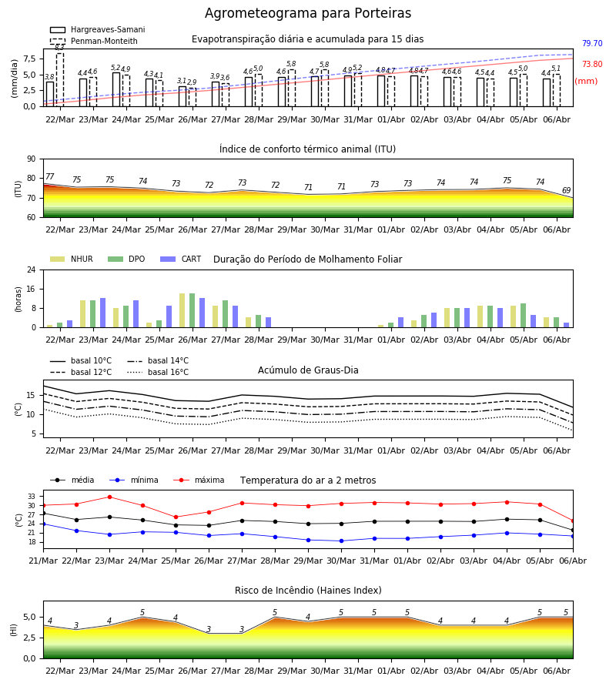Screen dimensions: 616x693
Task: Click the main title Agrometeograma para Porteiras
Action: (x=308, y=13)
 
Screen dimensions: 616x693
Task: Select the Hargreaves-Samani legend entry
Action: (x=97, y=29)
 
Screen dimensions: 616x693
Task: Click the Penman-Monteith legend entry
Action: (x=94, y=41)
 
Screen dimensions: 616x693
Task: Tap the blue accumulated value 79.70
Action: (x=592, y=43)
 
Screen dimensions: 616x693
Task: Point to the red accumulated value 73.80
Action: (x=592, y=64)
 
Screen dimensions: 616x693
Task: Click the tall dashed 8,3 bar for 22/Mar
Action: (x=60, y=79)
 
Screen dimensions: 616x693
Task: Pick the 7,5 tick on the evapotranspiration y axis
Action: (x=29, y=59)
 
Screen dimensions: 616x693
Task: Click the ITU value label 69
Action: (x=566, y=190)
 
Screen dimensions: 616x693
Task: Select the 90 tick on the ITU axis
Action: (x=32, y=159)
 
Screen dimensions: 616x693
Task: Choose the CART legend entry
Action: (x=181, y=259)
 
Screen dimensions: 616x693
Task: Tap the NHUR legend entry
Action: (x=72, y=259)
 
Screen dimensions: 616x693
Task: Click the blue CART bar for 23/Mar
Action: (x=103, y=313)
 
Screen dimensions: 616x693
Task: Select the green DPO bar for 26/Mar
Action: (x=192, y=310)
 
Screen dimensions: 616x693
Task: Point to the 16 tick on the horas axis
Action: (x=32, y=289)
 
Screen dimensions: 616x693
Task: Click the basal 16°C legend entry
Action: (x=158, y=372)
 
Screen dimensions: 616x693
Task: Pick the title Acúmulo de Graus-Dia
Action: (x=308, y=370)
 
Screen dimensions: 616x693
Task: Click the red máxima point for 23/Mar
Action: (x=109, y=497)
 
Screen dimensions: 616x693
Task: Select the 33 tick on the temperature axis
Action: (x=32, y=497)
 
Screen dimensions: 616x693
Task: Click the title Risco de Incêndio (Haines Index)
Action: (x=308, y=591)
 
